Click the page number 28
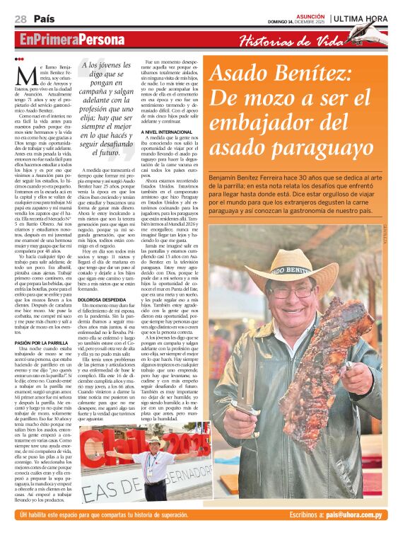click(20, 18)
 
